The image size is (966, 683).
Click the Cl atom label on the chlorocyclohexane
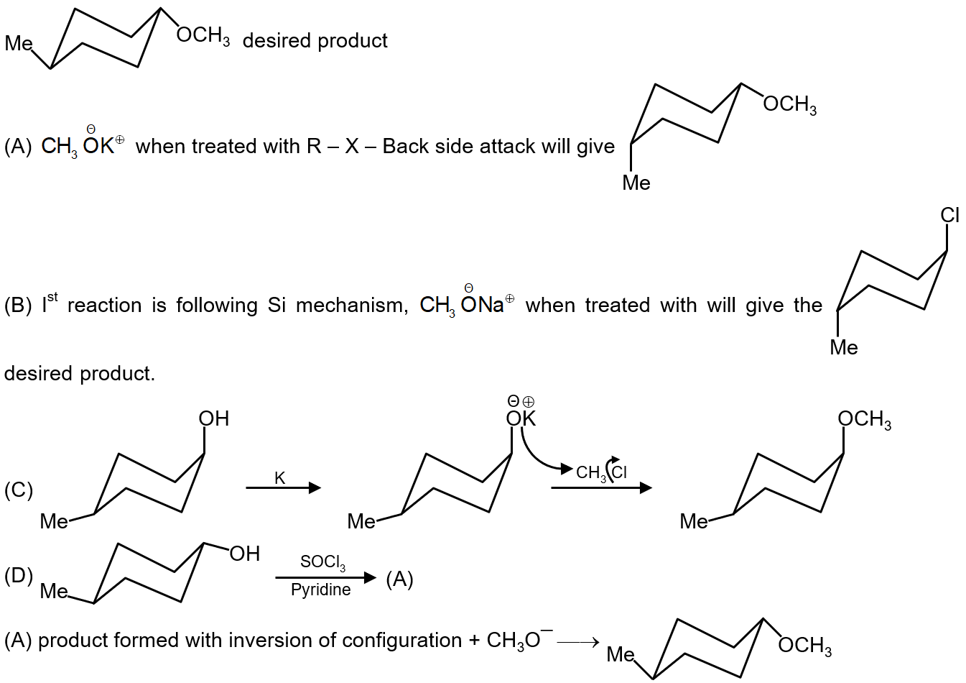tap(949, 215)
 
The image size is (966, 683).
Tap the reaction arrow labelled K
tap(283, 488)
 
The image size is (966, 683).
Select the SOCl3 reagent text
tap(322, 561)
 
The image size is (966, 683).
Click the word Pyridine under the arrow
tap(321, 590)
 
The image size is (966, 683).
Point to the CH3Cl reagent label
tap(601, 472)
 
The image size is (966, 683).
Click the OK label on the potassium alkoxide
tap(521, 418)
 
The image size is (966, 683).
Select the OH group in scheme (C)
tap(214, 418)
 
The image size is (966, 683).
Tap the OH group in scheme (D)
tap(244, 554)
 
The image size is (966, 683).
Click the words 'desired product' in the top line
tap(315, 40)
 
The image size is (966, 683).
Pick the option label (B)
tap(18, 306)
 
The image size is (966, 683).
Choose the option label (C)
tap(18, 490)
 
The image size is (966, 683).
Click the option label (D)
tap(18, 576)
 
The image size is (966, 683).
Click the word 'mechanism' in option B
tap(352, 306)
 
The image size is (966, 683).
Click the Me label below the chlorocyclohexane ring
tap(843, 347)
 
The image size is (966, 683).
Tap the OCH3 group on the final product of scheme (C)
tap(864, 419)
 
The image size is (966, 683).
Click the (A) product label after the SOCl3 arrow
tap(399, 579)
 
